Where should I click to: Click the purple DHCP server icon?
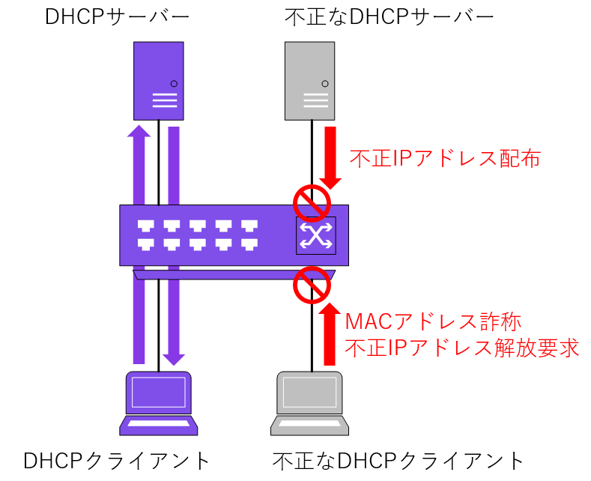pos(158,81)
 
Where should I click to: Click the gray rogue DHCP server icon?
pos(309,81)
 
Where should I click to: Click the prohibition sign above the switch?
pos(311,202)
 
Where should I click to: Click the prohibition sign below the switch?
pos(311,284)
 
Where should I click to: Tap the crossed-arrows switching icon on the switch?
pos(316,235)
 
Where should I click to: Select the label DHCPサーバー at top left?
pos(106,16)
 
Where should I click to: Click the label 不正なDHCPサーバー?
pos(390,16)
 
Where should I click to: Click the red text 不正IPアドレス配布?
pos(445,159)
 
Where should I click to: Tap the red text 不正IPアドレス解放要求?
pos(462,348)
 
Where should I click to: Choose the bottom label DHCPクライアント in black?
pos(117,460)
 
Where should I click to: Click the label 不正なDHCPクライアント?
pos(398,460)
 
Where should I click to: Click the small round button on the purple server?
pos(174,83)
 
